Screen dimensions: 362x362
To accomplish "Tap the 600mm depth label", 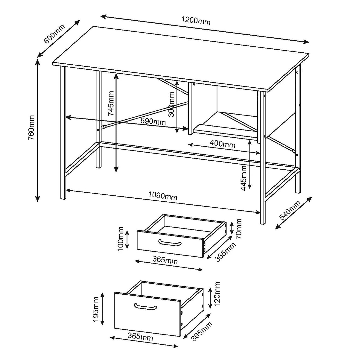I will (x=54, y=34).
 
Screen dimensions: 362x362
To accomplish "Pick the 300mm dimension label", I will (x=171, y=104).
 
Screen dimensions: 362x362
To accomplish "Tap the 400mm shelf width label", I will (x=222, y=144).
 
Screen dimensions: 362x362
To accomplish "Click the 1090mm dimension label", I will (x=163, y=196).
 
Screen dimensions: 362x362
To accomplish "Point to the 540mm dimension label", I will (x=290, y=210).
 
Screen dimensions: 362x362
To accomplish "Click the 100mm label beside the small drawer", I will (x=121, y=239).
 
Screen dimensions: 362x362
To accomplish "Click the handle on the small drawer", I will (x=170, y=243).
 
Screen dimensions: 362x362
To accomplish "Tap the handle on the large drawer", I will (x=146, y=306).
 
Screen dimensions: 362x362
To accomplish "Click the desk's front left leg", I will (x=63, y=133).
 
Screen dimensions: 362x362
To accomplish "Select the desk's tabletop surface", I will (x=180, y=58).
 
